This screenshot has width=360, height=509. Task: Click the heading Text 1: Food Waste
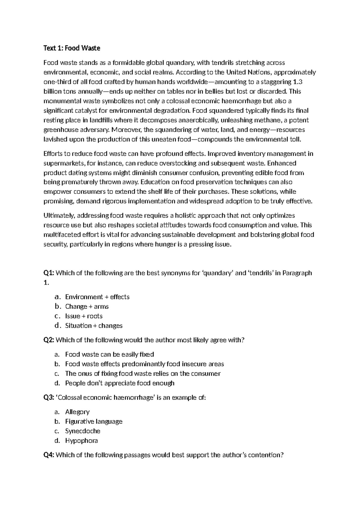[x=72, y=48]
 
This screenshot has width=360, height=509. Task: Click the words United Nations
[x=248, y=72]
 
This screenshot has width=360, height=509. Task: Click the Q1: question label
[x=49, y=273]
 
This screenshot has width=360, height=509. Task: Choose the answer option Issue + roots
[x=84, y=316]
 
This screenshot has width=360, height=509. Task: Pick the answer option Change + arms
[x=87, y=306]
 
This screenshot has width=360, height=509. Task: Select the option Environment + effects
[x=97, y=297]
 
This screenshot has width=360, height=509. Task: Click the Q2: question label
[x=49, y=340]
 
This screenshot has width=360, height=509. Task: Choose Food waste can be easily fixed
[x=109, y=354]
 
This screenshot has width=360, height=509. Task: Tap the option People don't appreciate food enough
[x=120, y=383]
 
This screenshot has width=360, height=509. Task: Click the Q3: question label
[x=49, y=398]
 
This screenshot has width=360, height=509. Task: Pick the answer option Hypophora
[x=81, y=441]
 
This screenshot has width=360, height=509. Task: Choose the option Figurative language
[x=94, y=421]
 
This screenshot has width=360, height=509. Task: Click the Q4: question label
[x=49, y=455]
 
